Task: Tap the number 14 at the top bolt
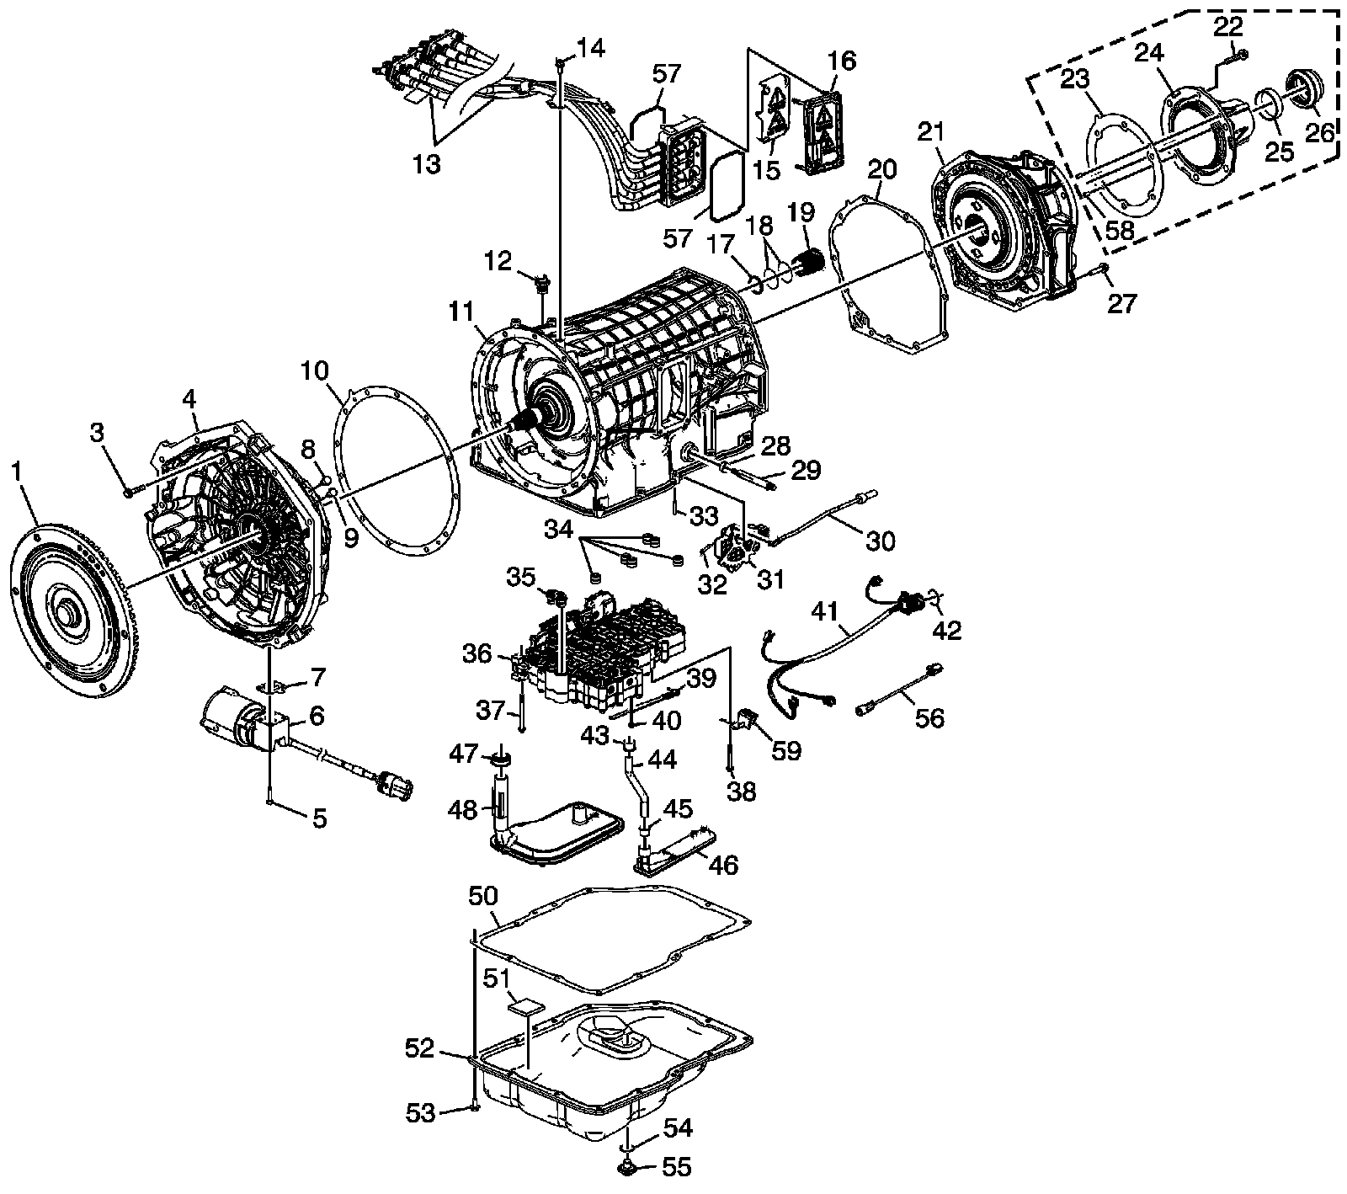592,48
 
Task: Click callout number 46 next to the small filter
723,864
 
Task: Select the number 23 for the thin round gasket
1074,80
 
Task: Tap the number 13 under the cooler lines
427,163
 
